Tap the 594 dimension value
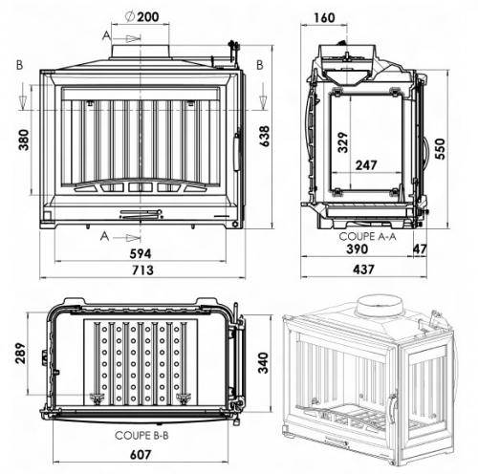pos(141,251)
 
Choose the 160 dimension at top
pos(323,16)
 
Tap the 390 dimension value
pos(356,250)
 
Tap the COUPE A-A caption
pos(363,234)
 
